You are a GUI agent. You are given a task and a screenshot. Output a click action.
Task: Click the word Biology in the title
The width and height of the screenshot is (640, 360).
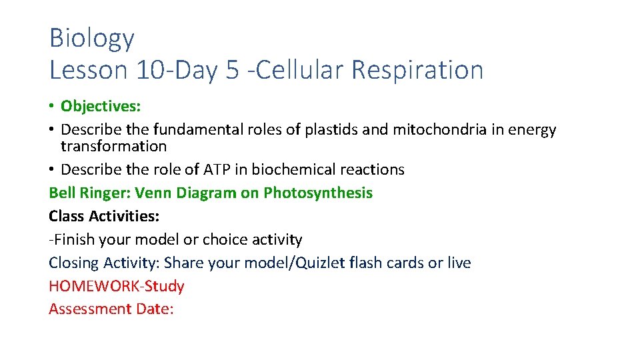click(91, 39)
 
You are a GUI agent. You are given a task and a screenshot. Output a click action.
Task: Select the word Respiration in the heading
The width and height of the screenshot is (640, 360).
click(417, 69)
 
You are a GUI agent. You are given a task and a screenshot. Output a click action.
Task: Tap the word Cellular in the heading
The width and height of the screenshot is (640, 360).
click(299, 69)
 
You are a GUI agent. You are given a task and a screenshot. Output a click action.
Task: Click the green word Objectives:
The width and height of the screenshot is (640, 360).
click(101, 106)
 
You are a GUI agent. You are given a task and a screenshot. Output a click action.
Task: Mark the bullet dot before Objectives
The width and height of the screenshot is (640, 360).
click(52, 107)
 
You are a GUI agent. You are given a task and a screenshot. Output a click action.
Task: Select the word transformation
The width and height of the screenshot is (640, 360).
click(113, 146)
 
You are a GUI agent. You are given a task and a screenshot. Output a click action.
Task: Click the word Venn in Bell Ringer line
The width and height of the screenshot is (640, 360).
click(151, 193)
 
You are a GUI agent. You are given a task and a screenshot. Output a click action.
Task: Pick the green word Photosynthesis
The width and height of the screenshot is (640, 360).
click(318, 193)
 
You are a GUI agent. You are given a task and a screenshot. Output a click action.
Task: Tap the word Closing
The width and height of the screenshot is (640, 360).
click(73, 263)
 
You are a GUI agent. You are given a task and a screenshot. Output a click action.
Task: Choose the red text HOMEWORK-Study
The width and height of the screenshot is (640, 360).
click(116, 286)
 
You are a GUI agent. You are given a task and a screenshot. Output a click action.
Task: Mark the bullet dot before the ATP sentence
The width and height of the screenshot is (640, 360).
click(52, 170)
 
